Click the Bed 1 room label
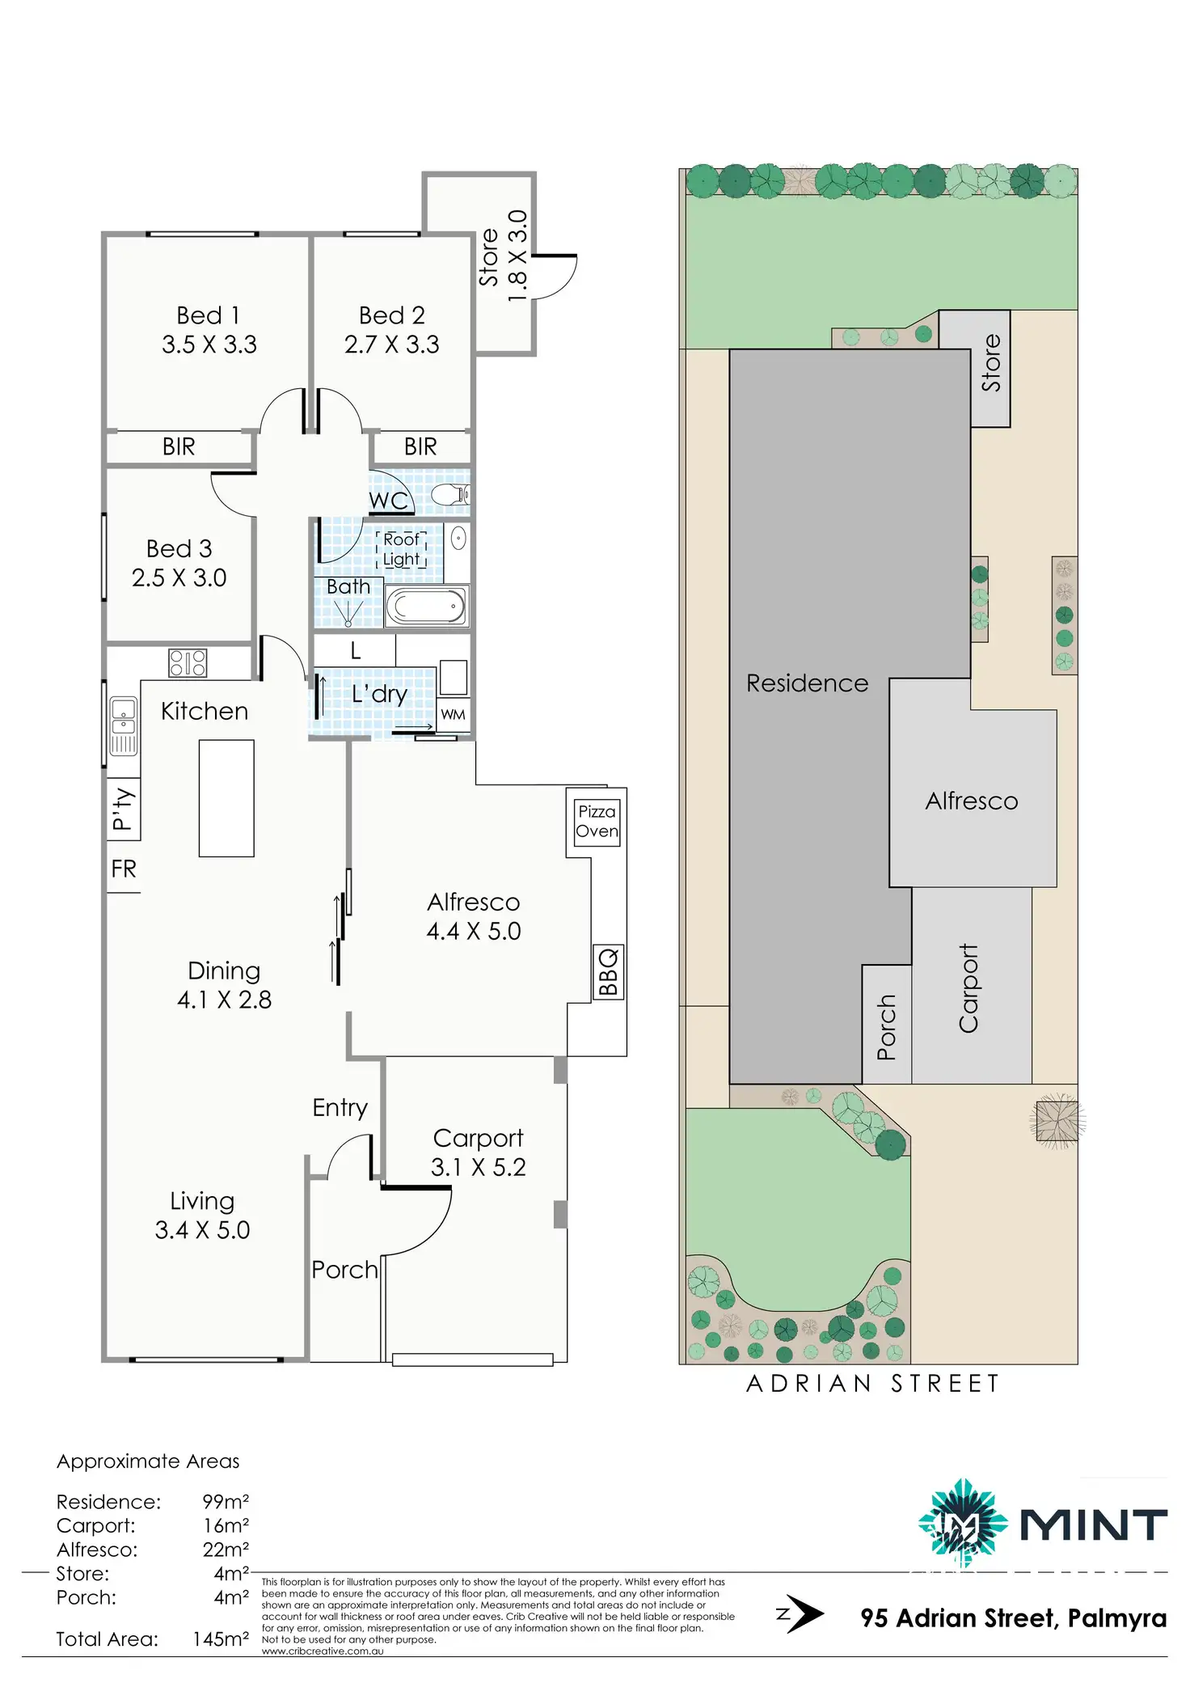[209, 315]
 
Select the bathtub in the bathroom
[426, 606]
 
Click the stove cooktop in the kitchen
[188, 663]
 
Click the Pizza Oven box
[597, 822]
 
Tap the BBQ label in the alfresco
[608, 972]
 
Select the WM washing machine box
[453, 715]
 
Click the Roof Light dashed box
[401, 549]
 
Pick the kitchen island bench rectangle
[226, 798]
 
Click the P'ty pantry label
[123, 809]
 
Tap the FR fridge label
[124, 869]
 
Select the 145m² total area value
[220, 1639]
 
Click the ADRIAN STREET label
[873, 1384]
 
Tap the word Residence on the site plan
[807, 683]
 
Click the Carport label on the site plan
[968, 988]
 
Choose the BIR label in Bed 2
[420, 446]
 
